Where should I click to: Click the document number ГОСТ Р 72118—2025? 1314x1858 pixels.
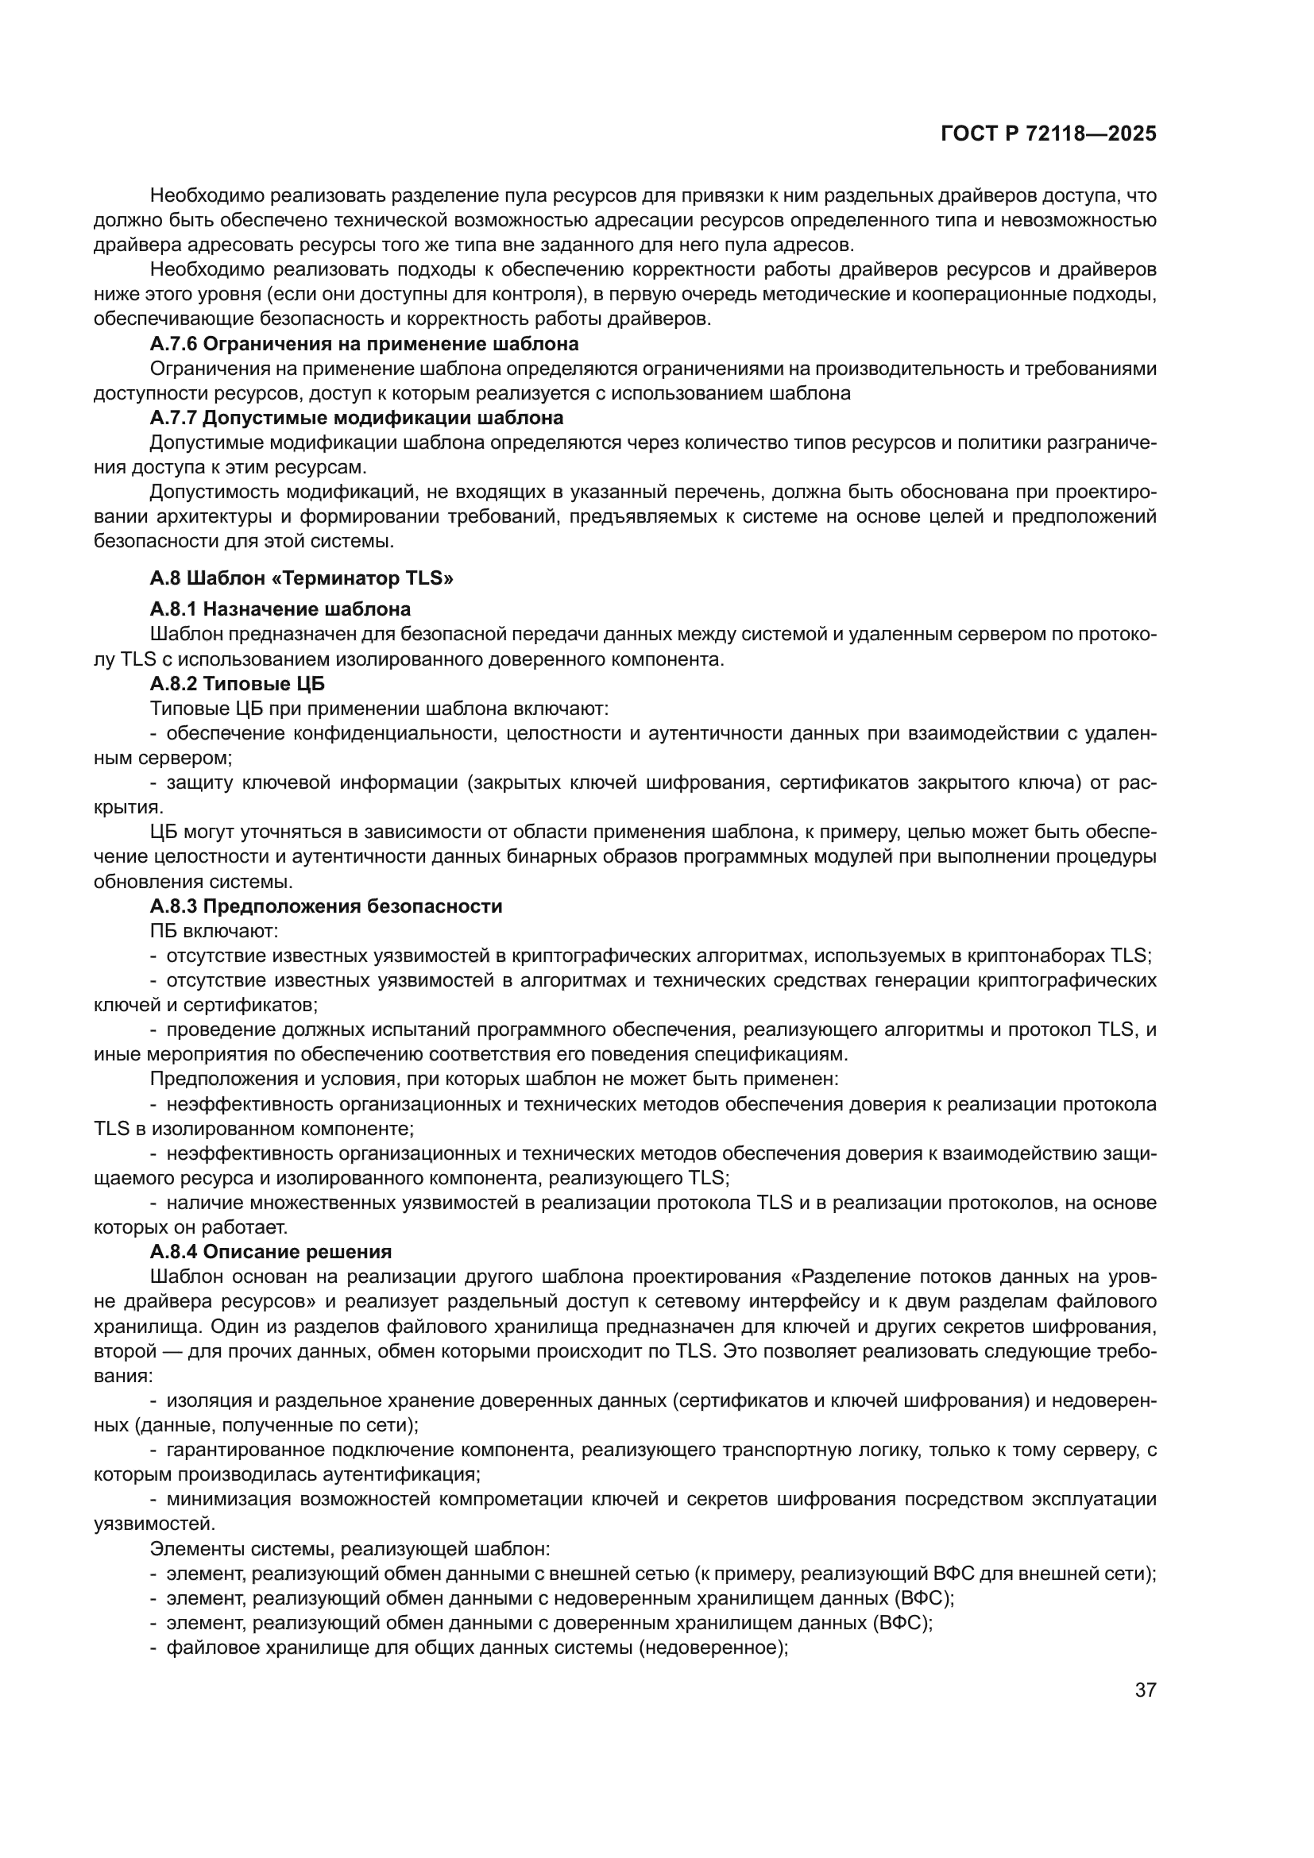pyautogui.click(x=1049, y=134)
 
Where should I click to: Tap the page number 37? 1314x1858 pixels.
pyautogui.click(x=1145, y=1690)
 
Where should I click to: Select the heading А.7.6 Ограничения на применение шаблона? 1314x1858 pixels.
pyautogui.click(x=364, y=344)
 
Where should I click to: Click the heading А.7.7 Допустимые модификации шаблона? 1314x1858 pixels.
pyautogui.click(x=356, y=419)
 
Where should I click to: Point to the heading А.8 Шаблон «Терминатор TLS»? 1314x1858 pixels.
pyautogui.click(x=301, y=577)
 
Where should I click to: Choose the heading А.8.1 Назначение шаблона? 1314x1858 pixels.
pyautogui.click(x=280, y=608)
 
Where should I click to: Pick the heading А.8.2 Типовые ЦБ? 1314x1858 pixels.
pyautogui.click(x=237, y=684)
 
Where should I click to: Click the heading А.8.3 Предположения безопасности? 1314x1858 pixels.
pyautogui.click(x=325, y=906)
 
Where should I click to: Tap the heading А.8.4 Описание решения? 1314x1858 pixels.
pyautogui.click(x=270, y=1252)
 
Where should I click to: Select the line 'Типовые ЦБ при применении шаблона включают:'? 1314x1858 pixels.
pyautogui.click(x=379, y=709)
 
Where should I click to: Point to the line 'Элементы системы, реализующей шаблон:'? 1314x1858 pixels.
pyautogui.click(x=350, y=1549)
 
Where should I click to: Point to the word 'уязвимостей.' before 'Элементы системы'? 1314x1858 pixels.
pyautogui.click(x=155, y=1524)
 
